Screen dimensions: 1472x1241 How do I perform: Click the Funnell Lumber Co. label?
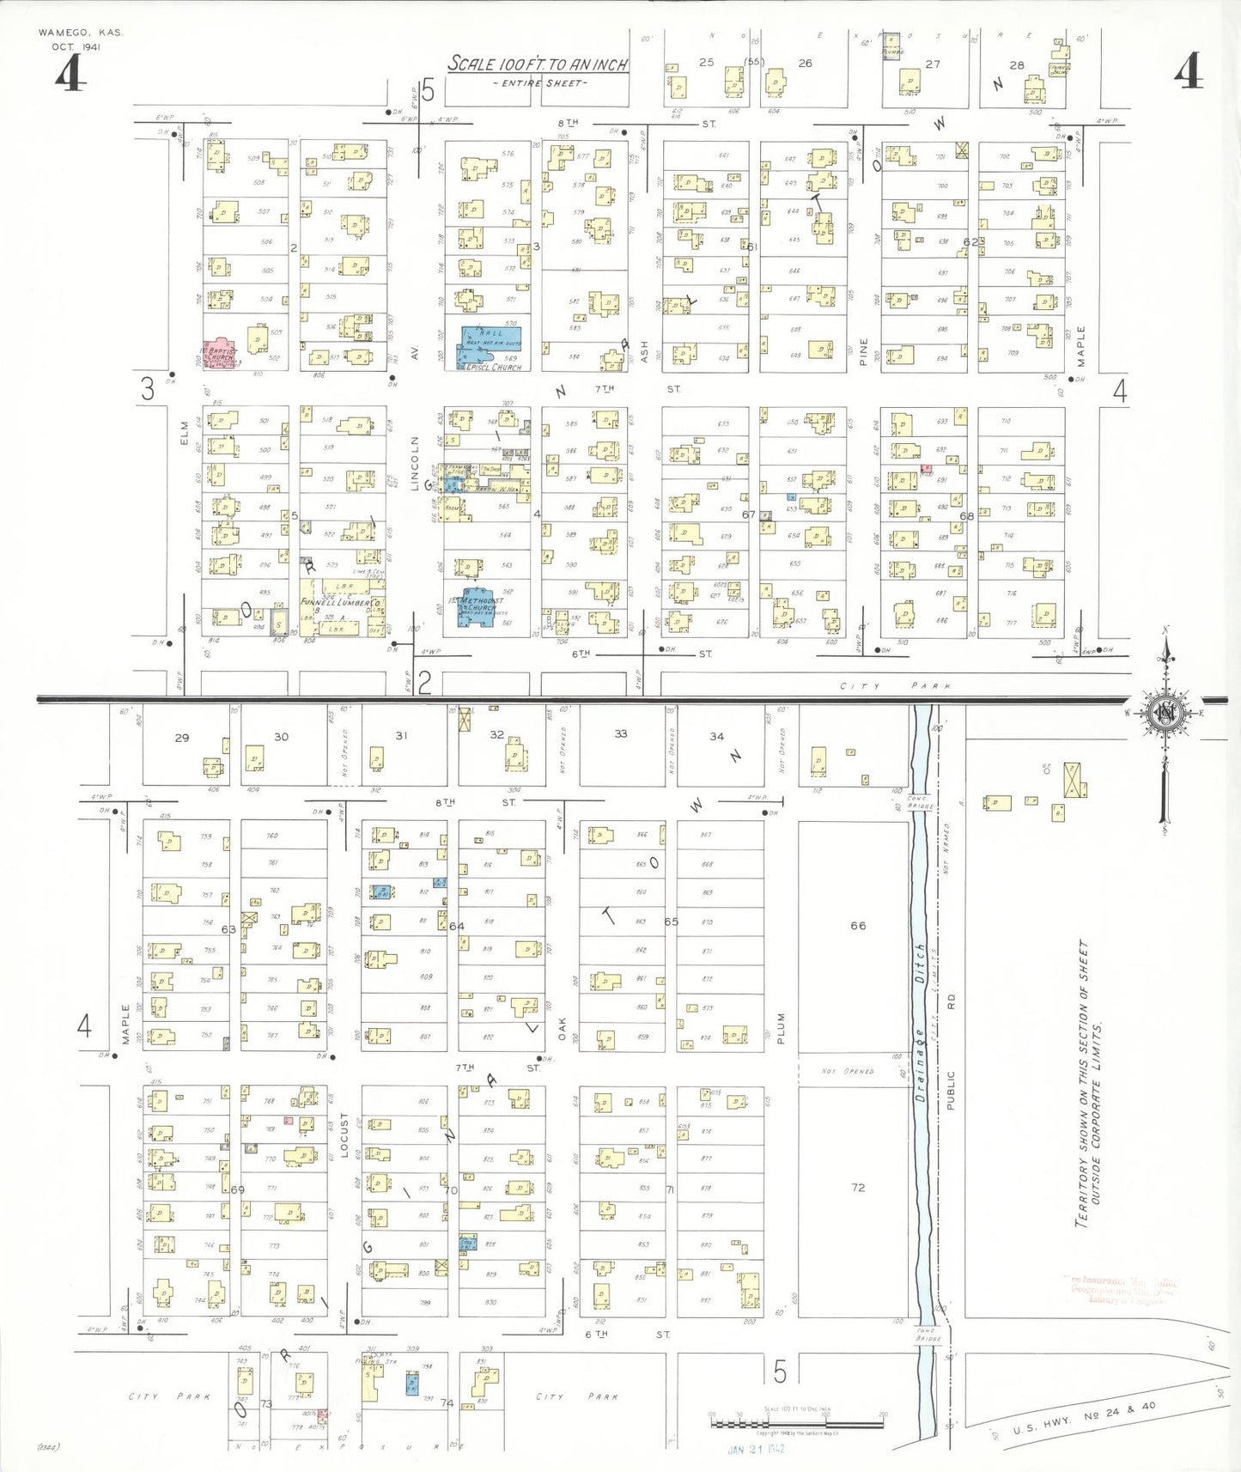coord(341,603)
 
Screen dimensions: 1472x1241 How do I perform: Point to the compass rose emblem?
coord(1165,713)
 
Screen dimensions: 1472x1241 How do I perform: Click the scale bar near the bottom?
coord(796,1423)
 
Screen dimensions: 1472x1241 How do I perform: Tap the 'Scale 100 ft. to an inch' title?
coord(538,64)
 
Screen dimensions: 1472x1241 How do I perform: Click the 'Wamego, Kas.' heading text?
coord(81,33)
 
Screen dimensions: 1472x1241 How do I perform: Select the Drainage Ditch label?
coord(920,1022)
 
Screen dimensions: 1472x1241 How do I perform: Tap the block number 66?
coord(858,926)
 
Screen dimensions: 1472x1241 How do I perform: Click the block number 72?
coord(858,1188)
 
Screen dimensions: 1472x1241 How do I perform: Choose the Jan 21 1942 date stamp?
coord(757,1449)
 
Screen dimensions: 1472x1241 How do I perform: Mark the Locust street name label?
coord(344,1135)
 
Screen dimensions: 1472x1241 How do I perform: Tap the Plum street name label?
coord(782,1028)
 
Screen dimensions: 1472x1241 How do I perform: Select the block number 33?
coord(621,733)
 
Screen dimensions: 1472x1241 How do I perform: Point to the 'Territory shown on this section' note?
coord(1090,1082)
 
